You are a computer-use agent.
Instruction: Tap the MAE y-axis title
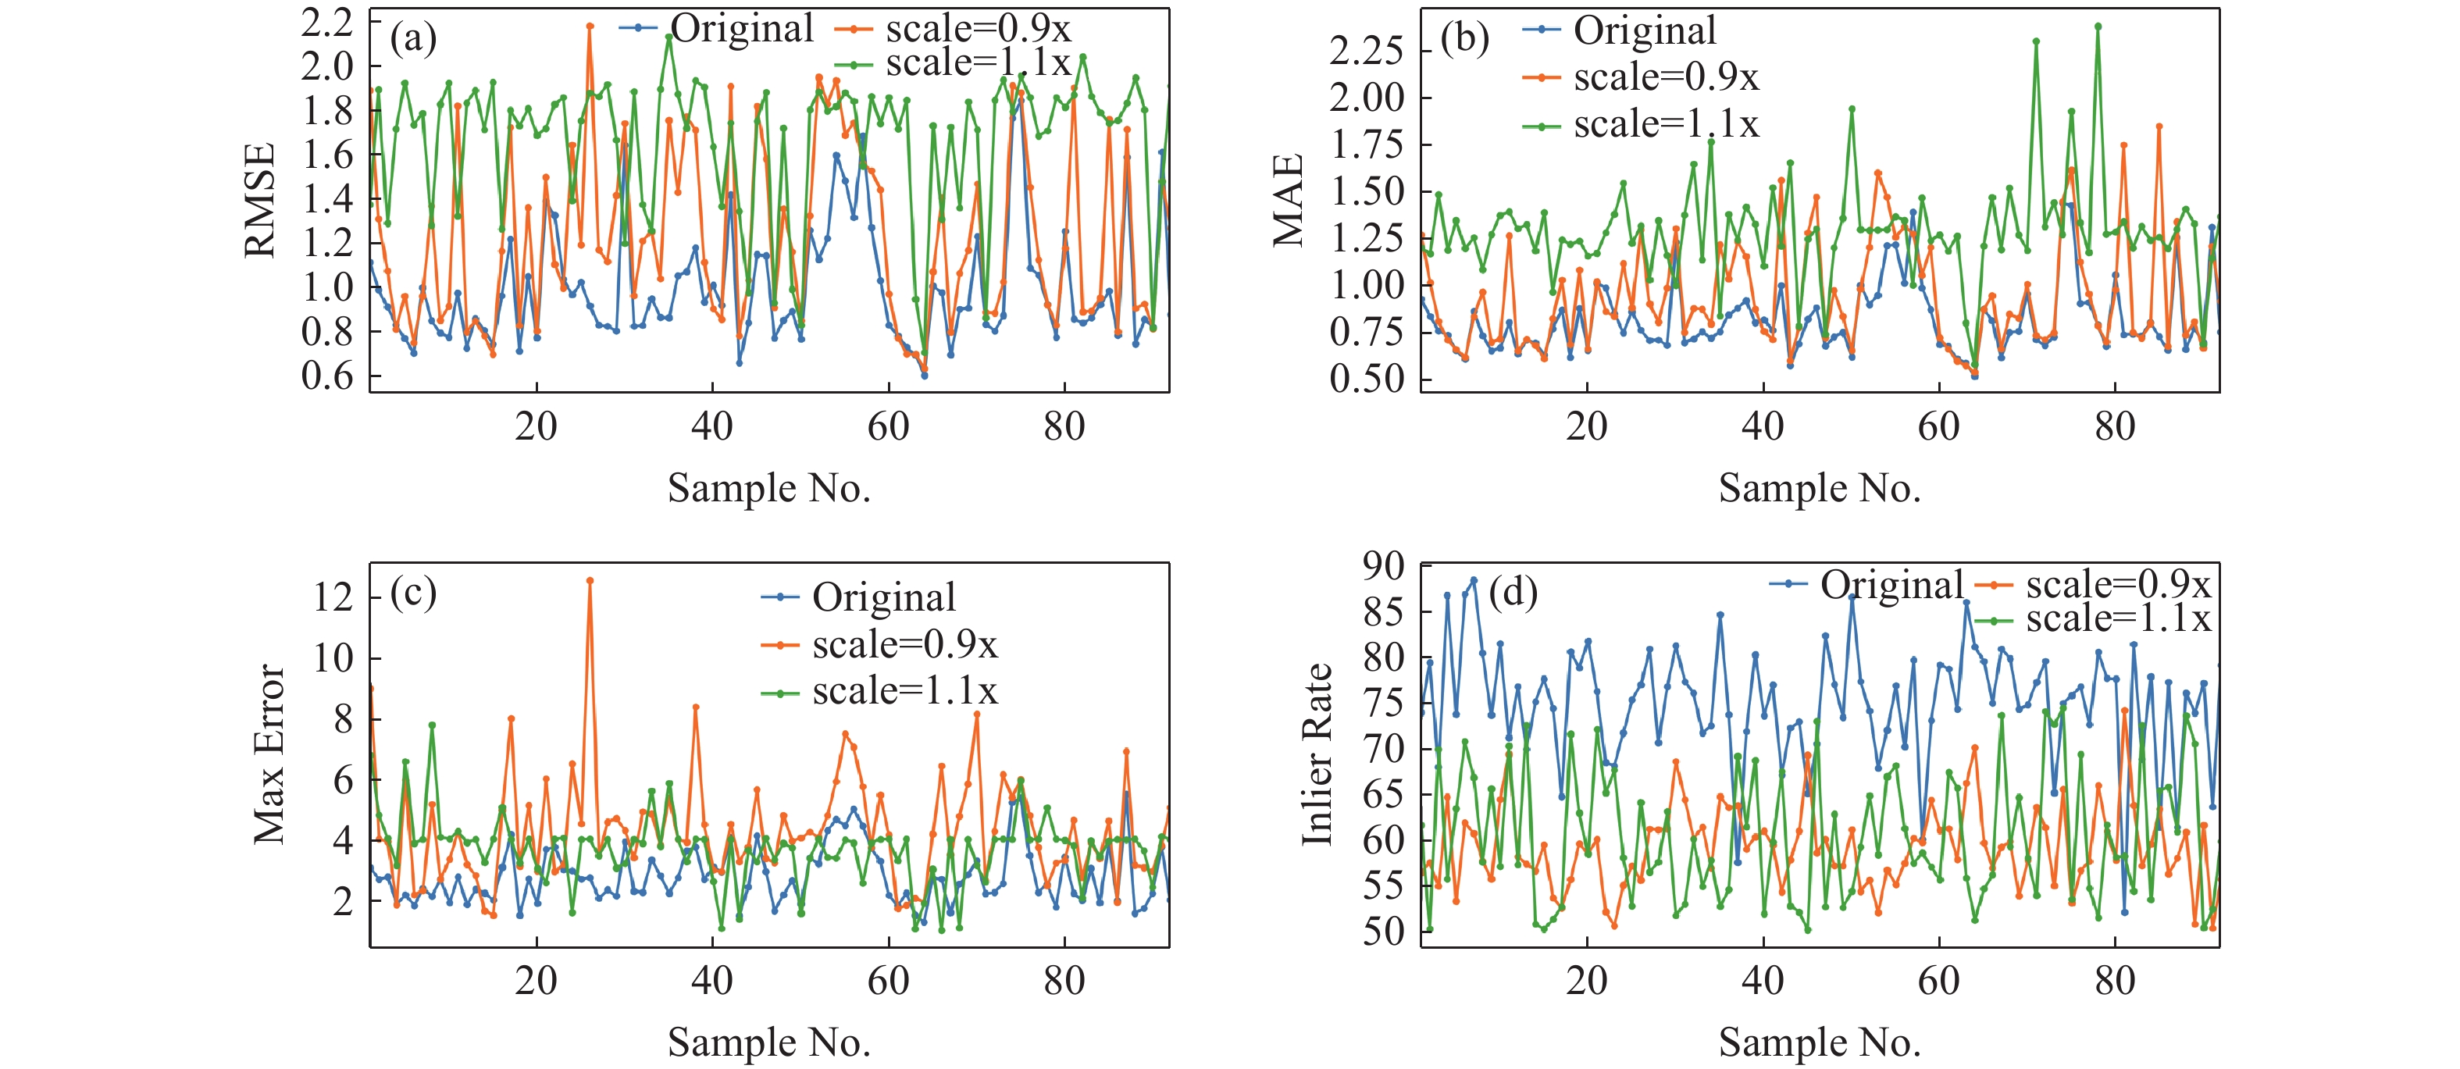tap(1289, 201)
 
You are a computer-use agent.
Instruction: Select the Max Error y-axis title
tap(269, 754)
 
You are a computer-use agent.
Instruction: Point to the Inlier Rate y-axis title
tap(1318, 754)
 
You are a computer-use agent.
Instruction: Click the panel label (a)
tap(413, 39)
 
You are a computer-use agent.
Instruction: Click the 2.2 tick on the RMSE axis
tap(327, 23)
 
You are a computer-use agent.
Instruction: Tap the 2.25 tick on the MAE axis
tap(1366, 50)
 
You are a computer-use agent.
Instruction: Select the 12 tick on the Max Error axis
tap(333, 597)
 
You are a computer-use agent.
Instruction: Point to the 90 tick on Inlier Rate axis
tap(1384, 566)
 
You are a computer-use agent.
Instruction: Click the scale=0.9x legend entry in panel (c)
tap(904, 645)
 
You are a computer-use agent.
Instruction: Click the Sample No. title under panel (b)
tap(1819, 489)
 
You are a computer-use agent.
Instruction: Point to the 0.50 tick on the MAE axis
tap(1366, 379)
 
